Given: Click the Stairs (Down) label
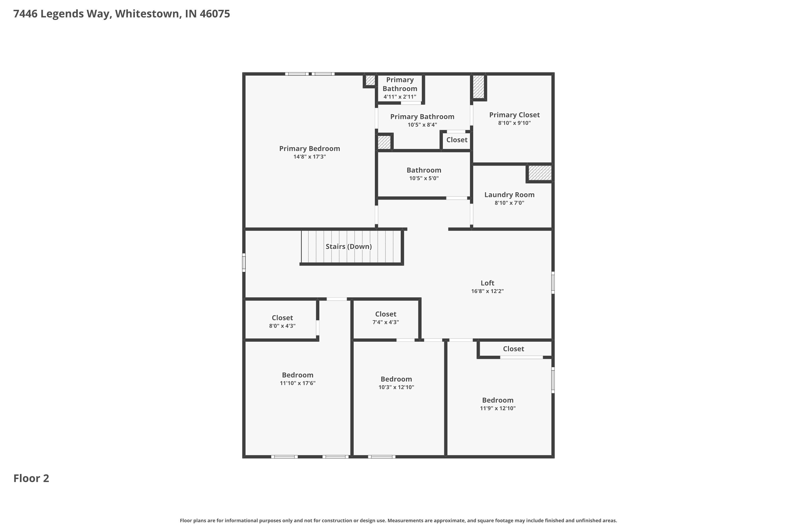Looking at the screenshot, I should (x=348, y=247).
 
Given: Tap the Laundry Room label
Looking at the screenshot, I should (x=509, y=195).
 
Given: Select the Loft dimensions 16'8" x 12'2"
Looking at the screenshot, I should (x=487, y=291).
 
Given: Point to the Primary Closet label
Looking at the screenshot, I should (x=514, y=115).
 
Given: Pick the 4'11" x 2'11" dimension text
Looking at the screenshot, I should (x=400, y=97).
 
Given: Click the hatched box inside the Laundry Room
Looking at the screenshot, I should (x=540, y=173).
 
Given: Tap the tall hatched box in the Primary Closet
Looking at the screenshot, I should (x=478, y=87).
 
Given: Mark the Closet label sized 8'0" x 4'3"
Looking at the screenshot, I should (x=282, y=318).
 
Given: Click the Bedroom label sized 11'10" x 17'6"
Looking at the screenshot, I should (x=298, y=375).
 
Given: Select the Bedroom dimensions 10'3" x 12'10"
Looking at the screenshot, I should (x=396, y=387).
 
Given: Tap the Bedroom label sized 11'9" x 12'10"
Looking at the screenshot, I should (x=497, y=400).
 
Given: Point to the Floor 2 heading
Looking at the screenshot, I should (x=31, y=478).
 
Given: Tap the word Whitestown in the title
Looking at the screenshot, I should (x=147, y=14).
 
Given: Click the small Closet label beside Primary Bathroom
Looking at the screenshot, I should (x=456, y=140).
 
